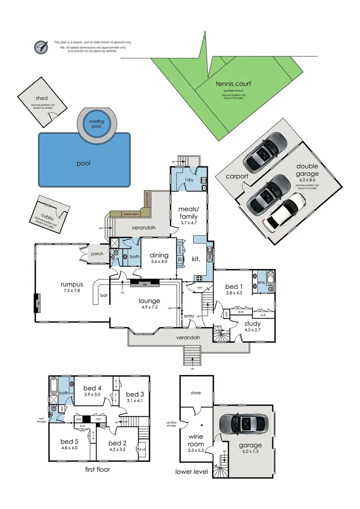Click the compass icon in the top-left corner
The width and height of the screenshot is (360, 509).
(x=41, y=47)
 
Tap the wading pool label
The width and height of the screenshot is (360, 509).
(x=97, y=124)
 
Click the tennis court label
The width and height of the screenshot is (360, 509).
(x=233, y=84)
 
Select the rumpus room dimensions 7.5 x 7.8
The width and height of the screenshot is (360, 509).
(x=72, y=291)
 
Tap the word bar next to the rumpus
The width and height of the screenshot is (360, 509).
(x=104, y=296)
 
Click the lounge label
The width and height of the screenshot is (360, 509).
(x=149, y=301)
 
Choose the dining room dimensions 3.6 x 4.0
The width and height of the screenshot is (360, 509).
(x=159, y=262)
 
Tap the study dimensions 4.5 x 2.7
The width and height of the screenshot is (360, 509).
(x=252, y=330)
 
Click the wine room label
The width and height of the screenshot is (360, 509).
(x=196, y=440)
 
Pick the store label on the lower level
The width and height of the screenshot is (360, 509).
(x=196, y=392)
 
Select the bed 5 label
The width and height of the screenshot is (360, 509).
(x=66, y=442)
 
